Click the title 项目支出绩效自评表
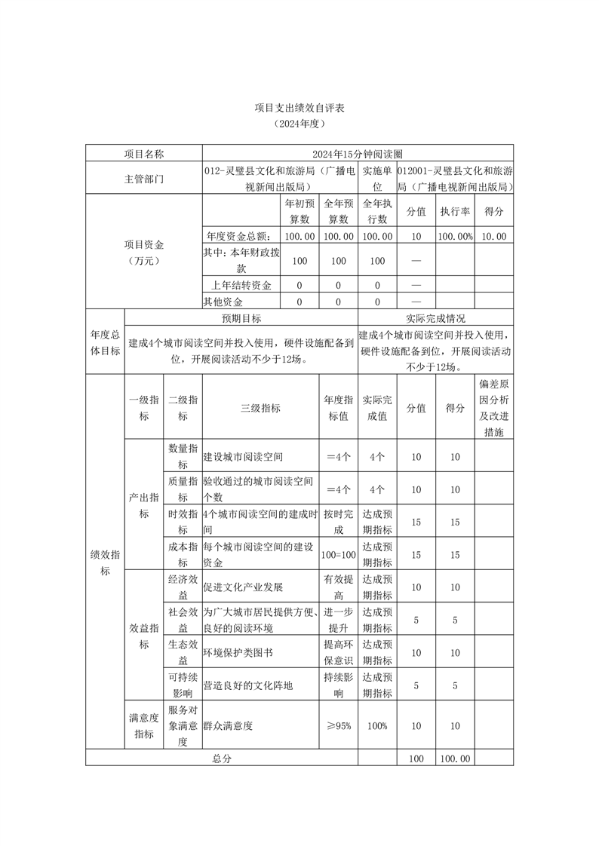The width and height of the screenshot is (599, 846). [x=299, y=109]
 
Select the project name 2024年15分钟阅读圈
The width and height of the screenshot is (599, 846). [x=358, y=154]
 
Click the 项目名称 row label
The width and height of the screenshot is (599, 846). [x=143, y=154]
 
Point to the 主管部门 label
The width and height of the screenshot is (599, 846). [x=143, y=179]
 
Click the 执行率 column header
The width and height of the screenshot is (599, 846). [x=455, y=212]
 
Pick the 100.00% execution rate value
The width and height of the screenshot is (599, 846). [x=455, y=236]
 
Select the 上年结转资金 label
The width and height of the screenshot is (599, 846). [x=241, y=285]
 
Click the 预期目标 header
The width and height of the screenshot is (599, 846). [x=241, y=318]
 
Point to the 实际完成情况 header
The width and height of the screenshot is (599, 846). [x=435, y=318]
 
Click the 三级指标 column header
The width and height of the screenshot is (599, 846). [x=260, y=408]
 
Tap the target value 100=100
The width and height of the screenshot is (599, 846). [x=338, y=555]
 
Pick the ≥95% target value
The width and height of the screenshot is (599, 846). [x=338, y=725]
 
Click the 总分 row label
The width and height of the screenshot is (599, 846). [x=221, y=759]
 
